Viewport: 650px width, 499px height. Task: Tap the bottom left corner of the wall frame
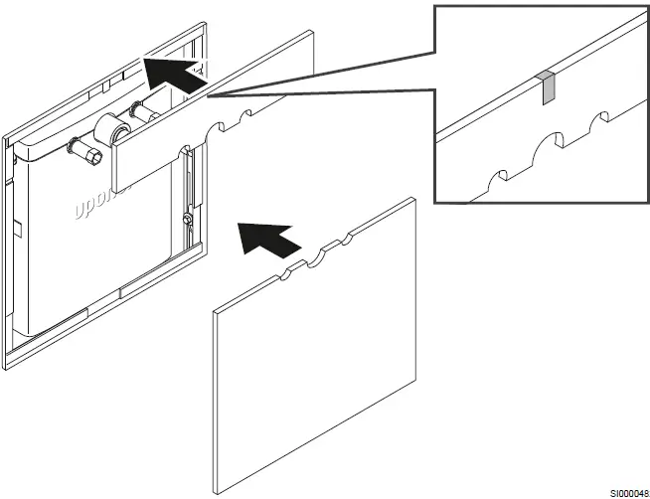8,367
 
